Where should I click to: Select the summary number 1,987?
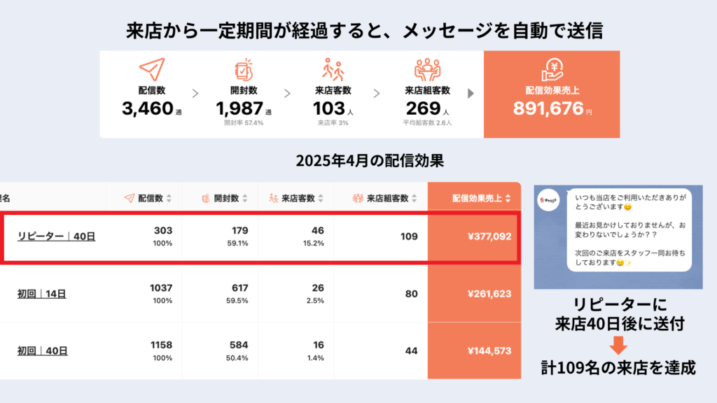click(x=239, y=108)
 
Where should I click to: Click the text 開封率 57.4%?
click(x=244, y=123)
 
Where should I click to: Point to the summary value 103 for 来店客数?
click(x=329, y=108)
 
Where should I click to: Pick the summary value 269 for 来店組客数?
click(x=423, y=108)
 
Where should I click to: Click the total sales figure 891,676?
click(x=548, y=108)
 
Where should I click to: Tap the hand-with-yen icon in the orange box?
click(x=552, y=70)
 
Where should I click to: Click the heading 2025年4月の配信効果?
click(x=358, y=160)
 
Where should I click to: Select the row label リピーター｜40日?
click(x=57, y=236)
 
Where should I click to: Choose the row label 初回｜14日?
click(x=42, y=295)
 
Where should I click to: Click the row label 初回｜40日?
click(x=42, y=351)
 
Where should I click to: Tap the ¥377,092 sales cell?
click(x=489, y=236)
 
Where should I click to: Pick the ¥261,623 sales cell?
click(x=489, y=295)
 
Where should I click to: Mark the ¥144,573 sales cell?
click(x=489, y=351)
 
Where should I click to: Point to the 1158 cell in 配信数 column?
click(x=160, y=346)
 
